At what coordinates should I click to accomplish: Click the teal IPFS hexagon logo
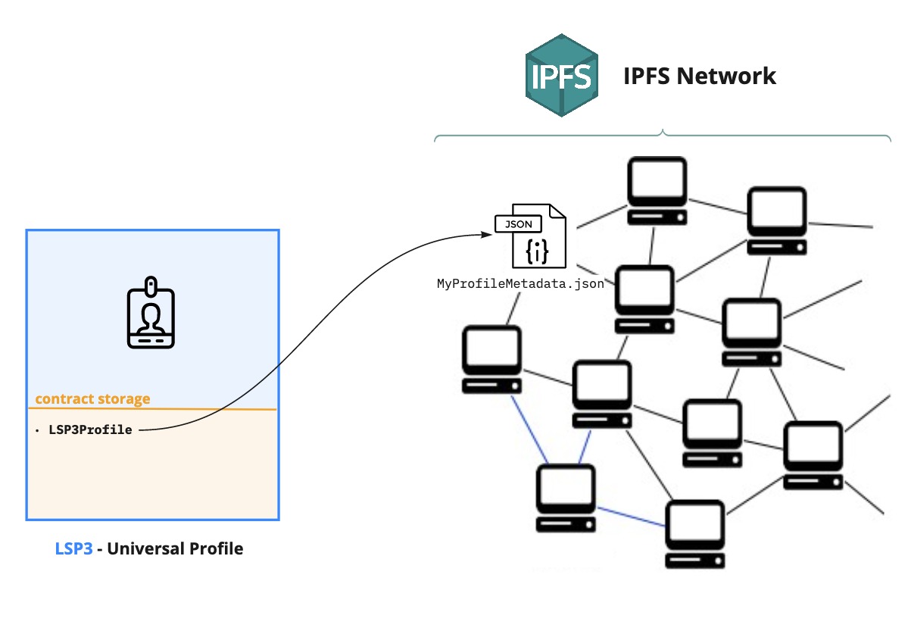point(561,75)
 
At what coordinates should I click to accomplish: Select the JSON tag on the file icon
point(518,223)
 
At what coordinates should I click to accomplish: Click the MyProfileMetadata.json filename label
point(520,284)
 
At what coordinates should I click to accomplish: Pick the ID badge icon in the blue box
point(151,313)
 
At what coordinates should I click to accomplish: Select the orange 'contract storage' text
point(92,398)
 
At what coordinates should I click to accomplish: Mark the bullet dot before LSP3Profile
point(37,430)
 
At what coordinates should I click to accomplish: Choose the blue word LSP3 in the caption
point(73,548)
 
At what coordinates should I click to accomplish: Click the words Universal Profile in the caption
point(175,548)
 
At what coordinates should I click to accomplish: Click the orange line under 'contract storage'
point(151,409)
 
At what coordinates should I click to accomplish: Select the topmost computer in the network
point(657,190)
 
